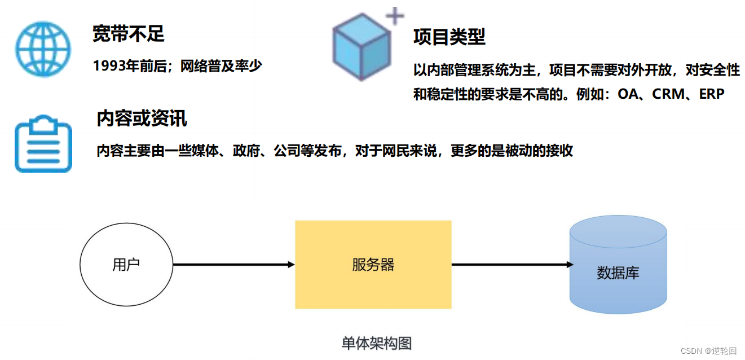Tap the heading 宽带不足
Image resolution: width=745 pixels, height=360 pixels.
coord(128,34)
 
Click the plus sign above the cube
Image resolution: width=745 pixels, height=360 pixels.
coord(395,16)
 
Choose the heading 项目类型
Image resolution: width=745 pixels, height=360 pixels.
coord(449,37)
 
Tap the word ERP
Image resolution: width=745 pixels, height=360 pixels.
coord(711,94)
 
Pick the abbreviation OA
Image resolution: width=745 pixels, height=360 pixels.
coord(627,94)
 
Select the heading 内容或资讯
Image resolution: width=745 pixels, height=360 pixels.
coord(142,118)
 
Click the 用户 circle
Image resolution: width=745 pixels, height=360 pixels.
coord(126,265)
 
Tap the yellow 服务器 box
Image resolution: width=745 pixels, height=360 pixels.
coord(373,265)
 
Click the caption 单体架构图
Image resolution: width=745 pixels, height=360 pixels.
coord(376,343)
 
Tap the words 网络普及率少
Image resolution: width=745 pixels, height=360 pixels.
coord(221,66)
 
